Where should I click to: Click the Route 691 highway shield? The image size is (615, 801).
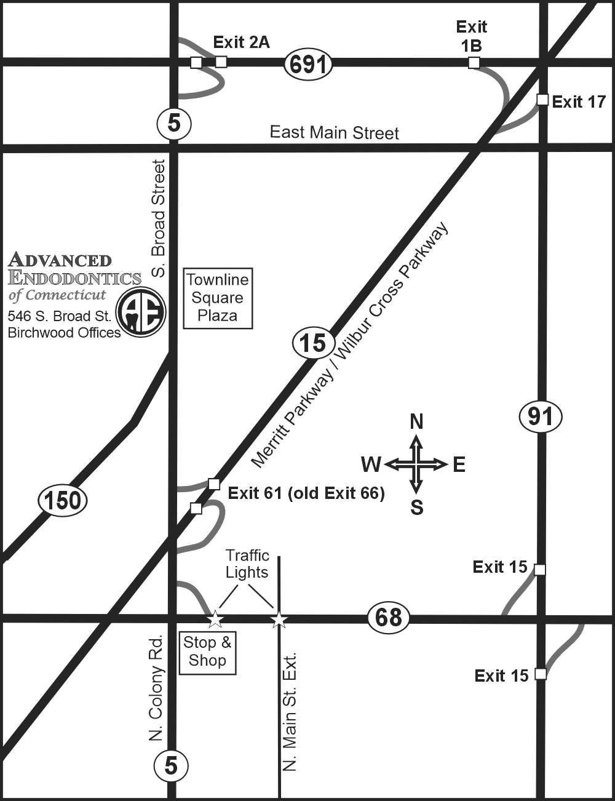(308, 64)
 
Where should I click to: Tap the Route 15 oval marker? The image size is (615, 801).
(313, 343)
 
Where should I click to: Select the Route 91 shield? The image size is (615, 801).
(541, 417)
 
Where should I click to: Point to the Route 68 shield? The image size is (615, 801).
(389, 616)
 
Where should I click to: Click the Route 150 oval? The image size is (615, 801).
(63, 500)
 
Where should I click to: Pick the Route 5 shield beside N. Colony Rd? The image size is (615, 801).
(170, 765)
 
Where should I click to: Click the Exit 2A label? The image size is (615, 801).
(241, 42)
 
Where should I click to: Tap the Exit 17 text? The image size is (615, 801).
(579, 102)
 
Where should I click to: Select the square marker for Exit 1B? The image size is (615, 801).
(474, 62)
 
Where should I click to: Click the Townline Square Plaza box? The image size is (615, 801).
(218, 298)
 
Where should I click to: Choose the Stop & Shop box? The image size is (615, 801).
(207, 652)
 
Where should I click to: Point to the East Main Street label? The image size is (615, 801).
(335, 132)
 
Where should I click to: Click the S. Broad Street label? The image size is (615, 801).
(159, 218)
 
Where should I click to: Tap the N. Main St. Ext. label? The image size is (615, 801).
(290, 711)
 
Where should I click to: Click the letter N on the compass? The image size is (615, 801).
(416, 421)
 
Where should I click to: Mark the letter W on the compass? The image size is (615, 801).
(371, 464)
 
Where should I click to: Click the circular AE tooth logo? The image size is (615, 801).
(141, 312)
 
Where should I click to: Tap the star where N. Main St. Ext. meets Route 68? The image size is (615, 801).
(279, 619)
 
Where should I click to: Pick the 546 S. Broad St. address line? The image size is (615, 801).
(59, 316)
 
